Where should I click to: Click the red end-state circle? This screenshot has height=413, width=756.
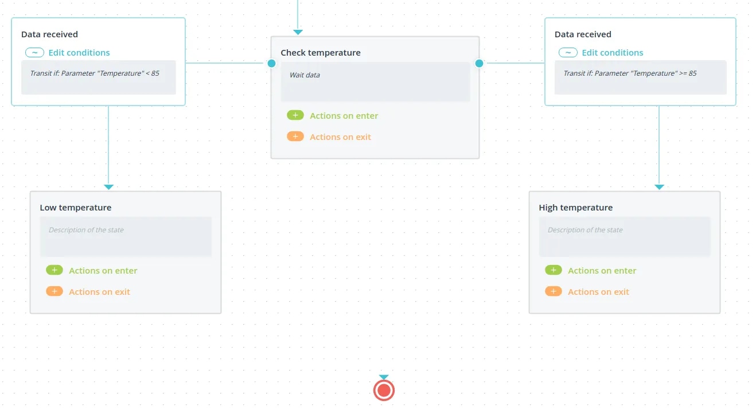384,391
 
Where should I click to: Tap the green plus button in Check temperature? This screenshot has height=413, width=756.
295,115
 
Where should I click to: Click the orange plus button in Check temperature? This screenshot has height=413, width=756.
295,137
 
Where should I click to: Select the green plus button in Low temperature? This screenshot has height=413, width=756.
54,270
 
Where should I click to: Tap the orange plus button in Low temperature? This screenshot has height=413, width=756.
54,291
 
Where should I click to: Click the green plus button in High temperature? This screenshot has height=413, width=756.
554,270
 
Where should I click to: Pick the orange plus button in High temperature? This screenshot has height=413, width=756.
554,291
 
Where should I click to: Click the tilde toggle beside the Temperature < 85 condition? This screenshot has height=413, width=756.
34,53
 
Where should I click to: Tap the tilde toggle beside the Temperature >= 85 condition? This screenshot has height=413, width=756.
568,53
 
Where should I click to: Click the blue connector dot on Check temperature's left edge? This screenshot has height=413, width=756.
271,63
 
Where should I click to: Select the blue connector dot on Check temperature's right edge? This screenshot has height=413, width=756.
479,63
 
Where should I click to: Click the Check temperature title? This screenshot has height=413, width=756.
321,53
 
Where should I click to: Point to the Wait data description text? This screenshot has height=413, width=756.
305,75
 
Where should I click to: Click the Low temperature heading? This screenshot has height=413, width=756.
76,208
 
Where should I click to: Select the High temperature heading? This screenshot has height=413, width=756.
576,208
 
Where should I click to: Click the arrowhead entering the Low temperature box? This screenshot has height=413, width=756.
108,187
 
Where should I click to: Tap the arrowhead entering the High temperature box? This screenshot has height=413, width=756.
659,187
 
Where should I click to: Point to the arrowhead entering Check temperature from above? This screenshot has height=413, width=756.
298,32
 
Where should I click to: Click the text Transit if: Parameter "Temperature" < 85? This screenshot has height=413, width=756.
95,73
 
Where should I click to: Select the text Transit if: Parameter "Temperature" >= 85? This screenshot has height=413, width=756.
630,73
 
